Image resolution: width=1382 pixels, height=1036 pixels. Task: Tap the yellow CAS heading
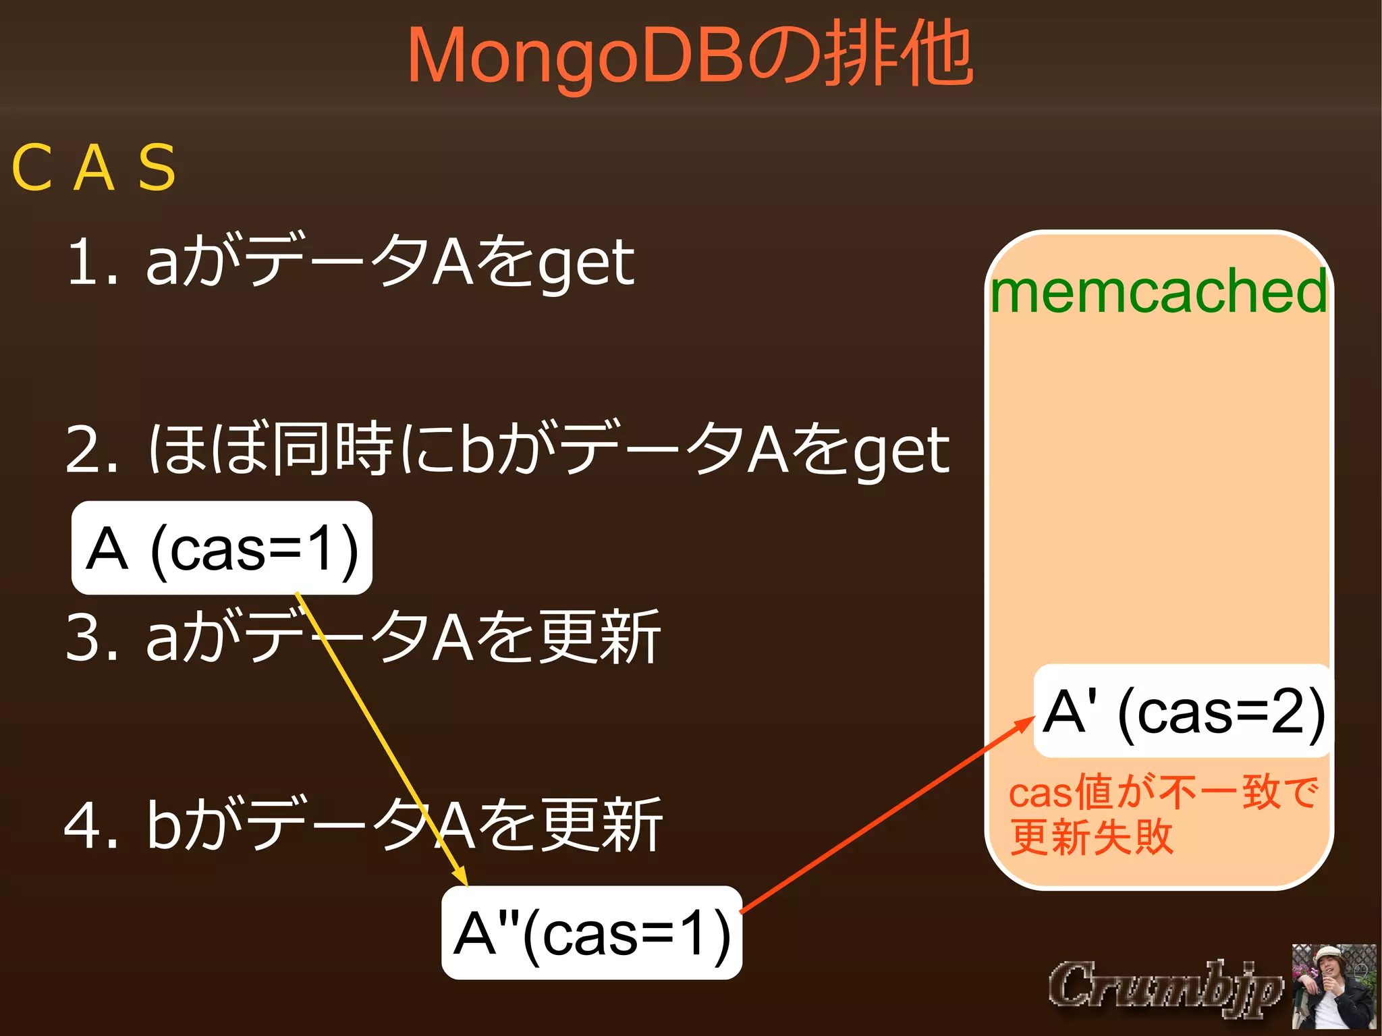pos(94,167)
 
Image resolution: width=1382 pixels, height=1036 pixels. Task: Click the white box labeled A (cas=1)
pos(222,548)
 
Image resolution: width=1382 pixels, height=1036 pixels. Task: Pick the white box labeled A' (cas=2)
pos(1183,711)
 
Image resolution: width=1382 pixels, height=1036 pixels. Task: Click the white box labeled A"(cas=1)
pos(592,933)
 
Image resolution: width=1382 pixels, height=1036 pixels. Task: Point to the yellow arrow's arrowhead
pos(462,877)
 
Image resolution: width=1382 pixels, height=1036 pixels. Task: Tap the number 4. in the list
pos(92,825)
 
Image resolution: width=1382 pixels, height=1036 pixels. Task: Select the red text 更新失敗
pos(1091,837)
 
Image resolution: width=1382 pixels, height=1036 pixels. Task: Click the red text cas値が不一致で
pos(1163,792)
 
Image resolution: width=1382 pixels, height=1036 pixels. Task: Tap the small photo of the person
pos(1333,986)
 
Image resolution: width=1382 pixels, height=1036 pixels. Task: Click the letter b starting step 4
pos(164,823)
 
